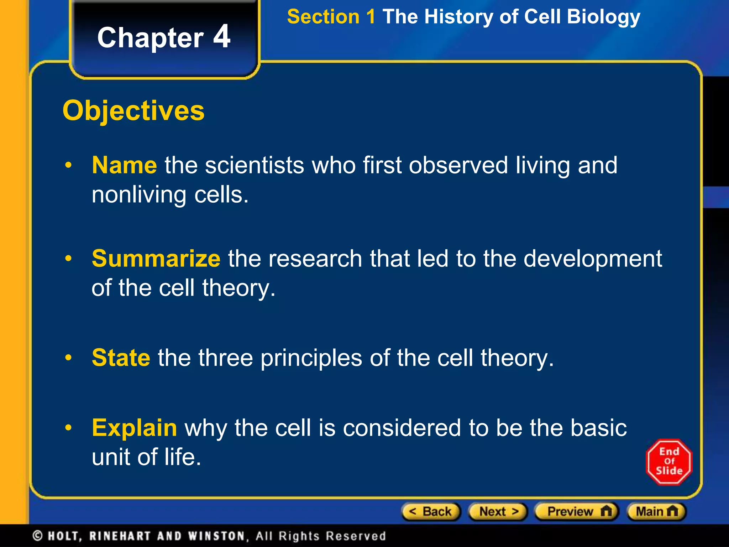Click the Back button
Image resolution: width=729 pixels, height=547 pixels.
[x=431, y=512]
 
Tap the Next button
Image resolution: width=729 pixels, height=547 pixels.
[x=498, y=512]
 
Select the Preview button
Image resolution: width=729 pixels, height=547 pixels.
[x=577, y=512]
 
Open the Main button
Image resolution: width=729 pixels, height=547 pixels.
[x=656, y=512]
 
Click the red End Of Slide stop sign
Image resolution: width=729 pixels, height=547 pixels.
[x=669, y=462]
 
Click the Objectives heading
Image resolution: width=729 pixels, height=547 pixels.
[x=133, y=111]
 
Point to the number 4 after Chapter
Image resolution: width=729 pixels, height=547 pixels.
[x=222, y=37]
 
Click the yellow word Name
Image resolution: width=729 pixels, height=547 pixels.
[x=124, y=165]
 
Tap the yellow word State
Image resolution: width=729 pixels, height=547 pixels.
[x=121, y=358]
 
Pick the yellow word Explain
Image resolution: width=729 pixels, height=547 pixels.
[x=134, y=428]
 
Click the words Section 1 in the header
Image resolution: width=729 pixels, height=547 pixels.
[x=331, y=17]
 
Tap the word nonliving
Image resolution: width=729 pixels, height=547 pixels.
[x=139, y=195]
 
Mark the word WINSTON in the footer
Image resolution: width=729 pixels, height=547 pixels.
[x=216, y=536]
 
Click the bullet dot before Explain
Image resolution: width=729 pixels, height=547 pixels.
[x=68, y=428]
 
